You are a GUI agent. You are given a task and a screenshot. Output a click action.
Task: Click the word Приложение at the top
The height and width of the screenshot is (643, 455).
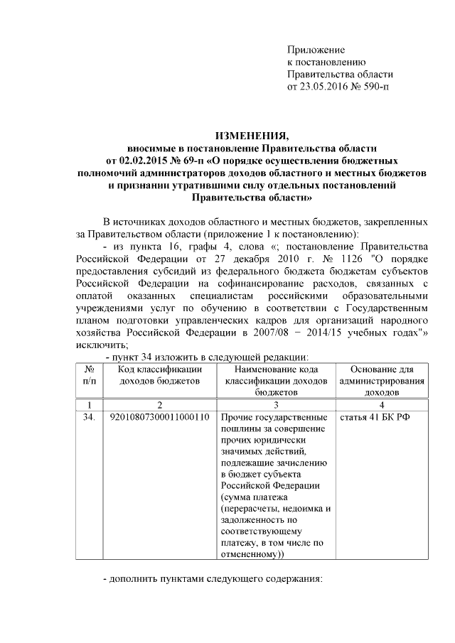(316, 50)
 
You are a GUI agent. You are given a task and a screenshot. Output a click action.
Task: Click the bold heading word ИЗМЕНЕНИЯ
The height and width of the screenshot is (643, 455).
(252, 136)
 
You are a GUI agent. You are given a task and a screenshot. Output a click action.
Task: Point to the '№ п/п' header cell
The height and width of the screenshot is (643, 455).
(90, 375)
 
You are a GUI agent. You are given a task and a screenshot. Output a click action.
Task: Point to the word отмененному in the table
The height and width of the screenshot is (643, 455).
(250, 553)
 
